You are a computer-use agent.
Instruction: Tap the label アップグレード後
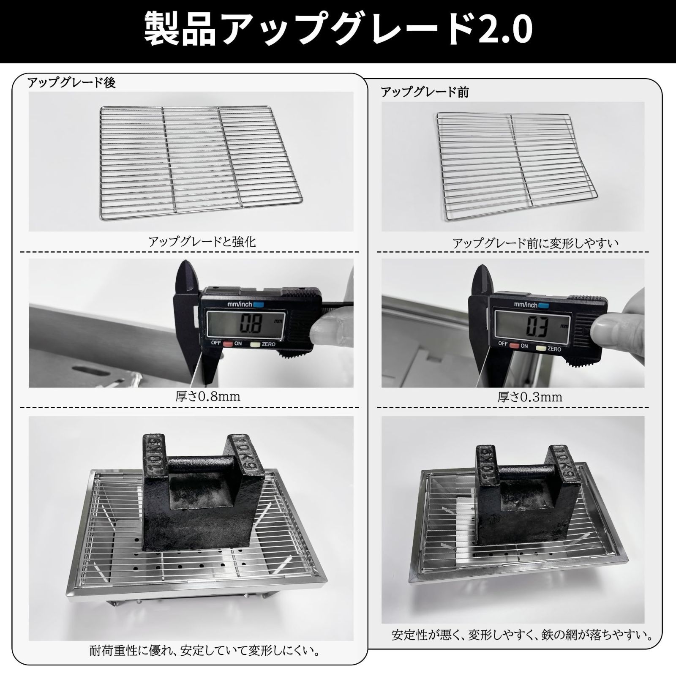point(71,83)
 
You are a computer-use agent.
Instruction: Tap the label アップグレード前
point(425,92)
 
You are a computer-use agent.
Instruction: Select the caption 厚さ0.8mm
point(208,397)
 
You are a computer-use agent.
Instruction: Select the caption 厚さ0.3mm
point(530,397)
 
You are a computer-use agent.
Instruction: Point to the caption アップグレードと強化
point(202,242)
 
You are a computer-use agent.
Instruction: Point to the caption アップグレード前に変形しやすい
point(536,243)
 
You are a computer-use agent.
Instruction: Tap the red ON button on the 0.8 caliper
point(228,344)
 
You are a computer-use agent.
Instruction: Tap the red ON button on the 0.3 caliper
point(514,346)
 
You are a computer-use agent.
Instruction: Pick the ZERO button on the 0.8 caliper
point(255,344)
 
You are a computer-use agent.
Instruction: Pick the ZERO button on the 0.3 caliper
point(541,349)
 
